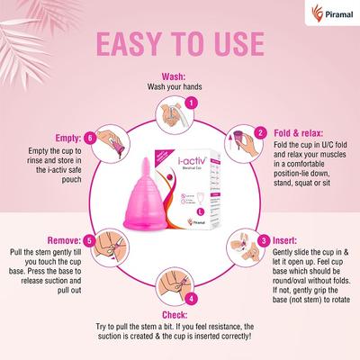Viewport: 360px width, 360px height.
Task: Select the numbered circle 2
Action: point(260,132)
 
